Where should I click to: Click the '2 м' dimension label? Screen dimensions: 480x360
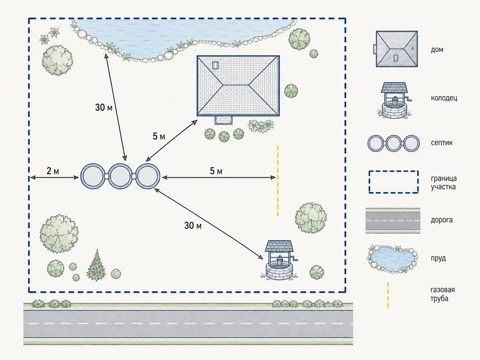click(53, 171)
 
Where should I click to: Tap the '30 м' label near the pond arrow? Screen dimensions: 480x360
click(104, 107)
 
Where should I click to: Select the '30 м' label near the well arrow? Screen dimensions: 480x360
click(193, 225)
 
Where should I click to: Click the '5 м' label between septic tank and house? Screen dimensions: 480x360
click(159, 136)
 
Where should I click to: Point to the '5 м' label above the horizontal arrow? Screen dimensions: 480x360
click(216, 171)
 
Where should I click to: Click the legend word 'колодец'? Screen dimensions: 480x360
click(444, 98)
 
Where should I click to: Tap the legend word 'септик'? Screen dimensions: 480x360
click(441, 143)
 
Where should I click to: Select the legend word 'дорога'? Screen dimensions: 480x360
click(441, 220)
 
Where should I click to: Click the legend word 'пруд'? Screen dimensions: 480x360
click(438, 259)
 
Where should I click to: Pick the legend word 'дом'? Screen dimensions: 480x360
click(437, 50)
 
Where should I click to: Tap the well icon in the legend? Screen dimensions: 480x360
click(395, 100)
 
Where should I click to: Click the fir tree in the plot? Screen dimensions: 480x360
click(97, 265)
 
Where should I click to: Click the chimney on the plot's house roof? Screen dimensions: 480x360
click(215, 65)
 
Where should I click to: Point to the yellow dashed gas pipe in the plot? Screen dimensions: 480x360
click(278, 181)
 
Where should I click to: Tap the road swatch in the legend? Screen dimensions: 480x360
click(393, 220)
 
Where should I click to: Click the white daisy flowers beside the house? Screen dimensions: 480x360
click(261, 126)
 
